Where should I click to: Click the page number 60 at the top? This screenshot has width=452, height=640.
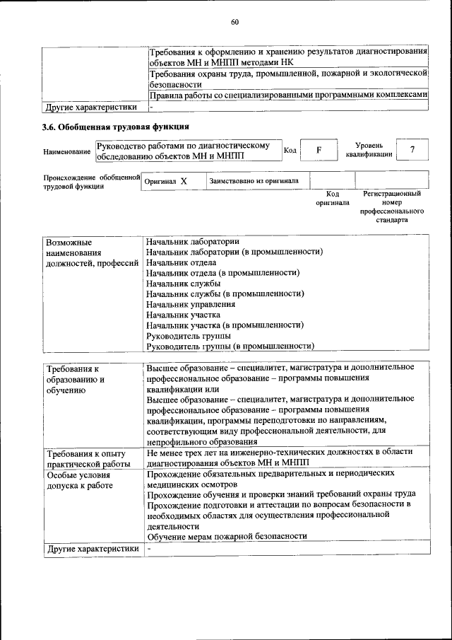pos(235,22)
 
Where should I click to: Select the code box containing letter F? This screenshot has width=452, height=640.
pos(318,151)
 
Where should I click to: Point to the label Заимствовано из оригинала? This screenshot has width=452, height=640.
pos(254,181)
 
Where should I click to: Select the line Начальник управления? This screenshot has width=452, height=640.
pos(191,304)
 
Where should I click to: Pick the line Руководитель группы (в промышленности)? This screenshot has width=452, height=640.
pos(230,346)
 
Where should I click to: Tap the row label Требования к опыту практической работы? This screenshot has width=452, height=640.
pos(85,458)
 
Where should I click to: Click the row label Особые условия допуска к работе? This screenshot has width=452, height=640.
pos(79,481)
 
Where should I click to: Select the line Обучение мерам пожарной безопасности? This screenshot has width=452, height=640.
pos(226,536)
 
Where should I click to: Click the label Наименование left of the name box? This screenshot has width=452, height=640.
pos(66,151)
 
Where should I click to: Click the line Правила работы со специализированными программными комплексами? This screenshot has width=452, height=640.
pos(288,95)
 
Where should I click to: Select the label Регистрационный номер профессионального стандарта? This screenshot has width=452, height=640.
pos(392,206)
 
